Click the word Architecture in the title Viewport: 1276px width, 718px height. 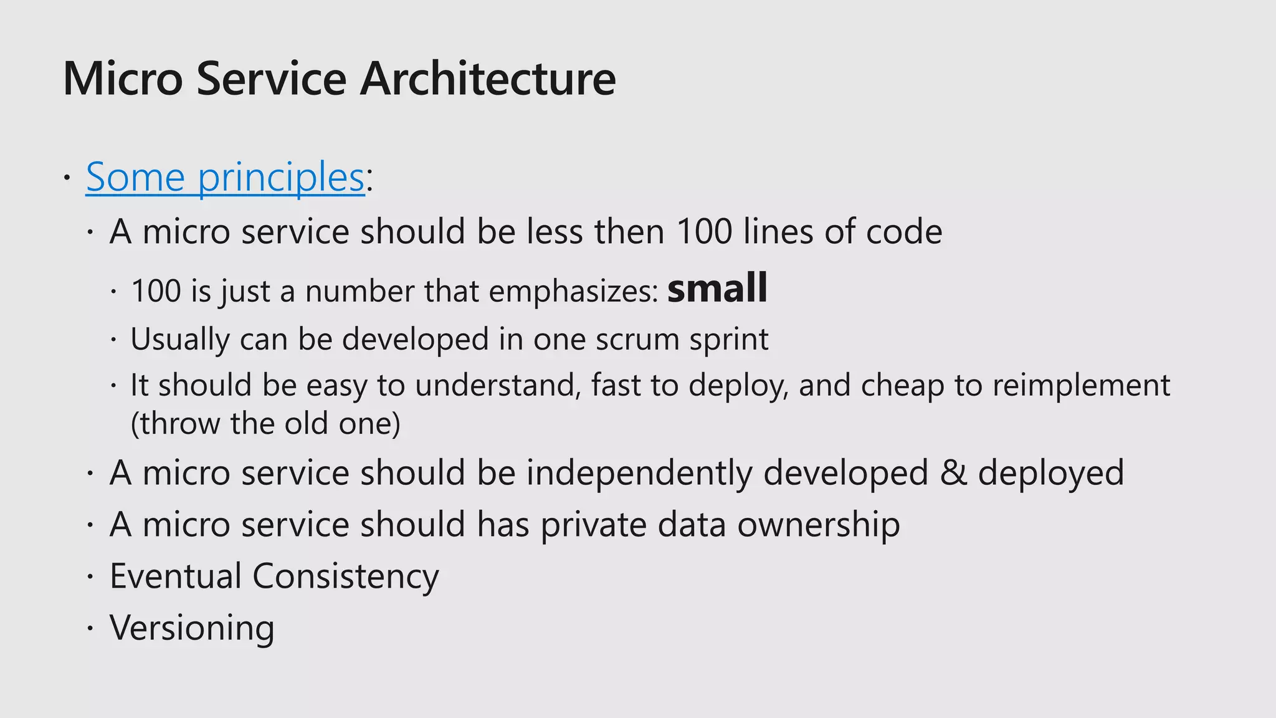[488, 79]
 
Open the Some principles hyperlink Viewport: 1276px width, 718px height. [225, 177]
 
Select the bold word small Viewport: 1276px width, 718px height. [717, 288]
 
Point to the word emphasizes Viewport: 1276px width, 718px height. [573, 291]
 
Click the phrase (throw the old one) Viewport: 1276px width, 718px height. [265, 424]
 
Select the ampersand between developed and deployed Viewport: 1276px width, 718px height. [953, 473]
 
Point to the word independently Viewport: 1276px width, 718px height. [639, 473]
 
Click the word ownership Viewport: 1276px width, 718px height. [819, 525]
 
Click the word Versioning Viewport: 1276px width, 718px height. [192, 628]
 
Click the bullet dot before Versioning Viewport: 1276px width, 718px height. [90, 628]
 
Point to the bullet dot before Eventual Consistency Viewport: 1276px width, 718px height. [90, 577]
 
